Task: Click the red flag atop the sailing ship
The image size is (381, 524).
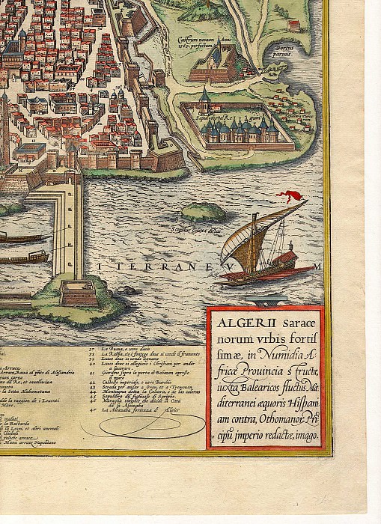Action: coord(290,197)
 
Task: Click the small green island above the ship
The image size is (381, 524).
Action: coord(203,212)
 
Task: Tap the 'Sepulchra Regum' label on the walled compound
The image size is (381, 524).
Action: coord(231,118)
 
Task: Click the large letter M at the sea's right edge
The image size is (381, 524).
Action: coord(317,265)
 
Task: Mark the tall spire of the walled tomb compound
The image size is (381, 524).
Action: coord(204,96)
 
